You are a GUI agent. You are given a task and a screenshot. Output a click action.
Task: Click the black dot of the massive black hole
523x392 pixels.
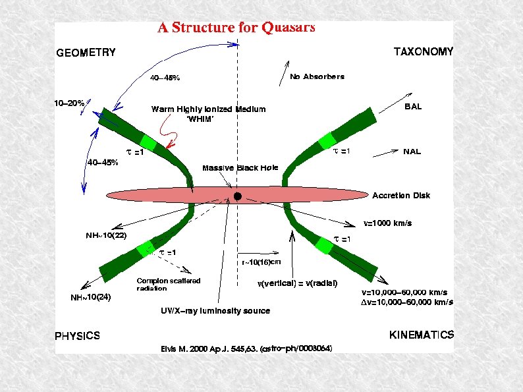(x=237, y=196)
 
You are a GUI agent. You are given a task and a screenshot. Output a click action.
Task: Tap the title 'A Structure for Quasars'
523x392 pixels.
(x=236, y=28)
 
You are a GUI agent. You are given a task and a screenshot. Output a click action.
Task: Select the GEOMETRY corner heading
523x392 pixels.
(x=85, y=53)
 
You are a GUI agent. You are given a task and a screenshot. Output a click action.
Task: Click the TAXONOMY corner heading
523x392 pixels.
(x=423, y=51)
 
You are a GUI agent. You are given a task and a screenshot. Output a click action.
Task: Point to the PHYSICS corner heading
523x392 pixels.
(x=77, y=335)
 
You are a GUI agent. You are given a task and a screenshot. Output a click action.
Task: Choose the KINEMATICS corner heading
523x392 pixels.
(x=422, y=335)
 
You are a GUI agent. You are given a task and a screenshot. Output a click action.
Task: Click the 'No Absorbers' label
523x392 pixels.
(x=317, y=76)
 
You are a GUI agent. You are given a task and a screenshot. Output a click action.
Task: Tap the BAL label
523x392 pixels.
(x=413, y=106)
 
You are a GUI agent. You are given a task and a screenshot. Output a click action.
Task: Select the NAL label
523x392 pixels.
(x=412, y=151)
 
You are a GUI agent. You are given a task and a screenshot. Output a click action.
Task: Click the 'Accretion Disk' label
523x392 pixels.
(x=401, y=195)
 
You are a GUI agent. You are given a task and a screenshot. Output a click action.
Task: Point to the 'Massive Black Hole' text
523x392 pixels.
(x=240, y=168)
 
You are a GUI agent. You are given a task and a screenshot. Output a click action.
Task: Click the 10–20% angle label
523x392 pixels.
(x=69, y=103)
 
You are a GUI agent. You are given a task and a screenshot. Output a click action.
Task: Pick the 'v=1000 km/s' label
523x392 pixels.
(x=388, y=223)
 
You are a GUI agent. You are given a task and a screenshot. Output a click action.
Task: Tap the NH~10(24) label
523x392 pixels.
(x=91, y=297)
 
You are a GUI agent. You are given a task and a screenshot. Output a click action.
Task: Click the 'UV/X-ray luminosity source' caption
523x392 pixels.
(x=215, y=310)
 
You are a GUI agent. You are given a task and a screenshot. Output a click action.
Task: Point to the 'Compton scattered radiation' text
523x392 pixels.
(x=168, y=285)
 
